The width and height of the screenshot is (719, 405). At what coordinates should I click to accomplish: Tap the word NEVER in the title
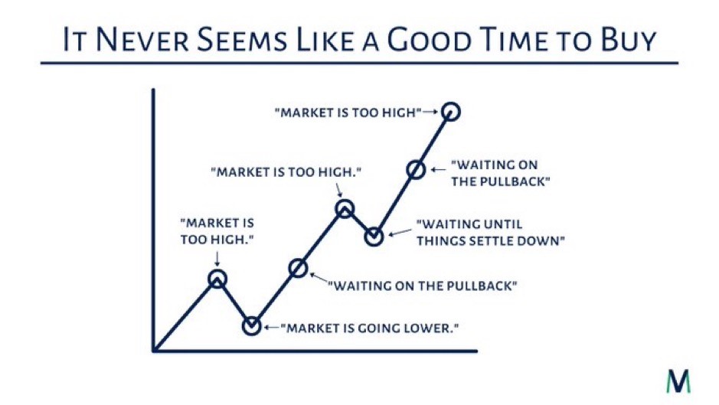(x=142, y=40)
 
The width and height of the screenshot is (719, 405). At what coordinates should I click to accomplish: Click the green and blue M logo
(x=678, y=381)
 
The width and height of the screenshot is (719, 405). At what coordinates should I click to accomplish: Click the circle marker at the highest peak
(x=451, y=103)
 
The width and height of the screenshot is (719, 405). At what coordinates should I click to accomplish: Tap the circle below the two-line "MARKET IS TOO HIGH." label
(x=217, y=270)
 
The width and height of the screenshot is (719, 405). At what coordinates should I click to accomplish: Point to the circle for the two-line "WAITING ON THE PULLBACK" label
(x=417, y=161)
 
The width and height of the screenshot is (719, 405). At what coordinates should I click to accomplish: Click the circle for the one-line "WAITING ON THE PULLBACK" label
(x=298, y=259)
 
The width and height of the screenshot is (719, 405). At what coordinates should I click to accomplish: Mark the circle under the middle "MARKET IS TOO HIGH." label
(x=345, y=200)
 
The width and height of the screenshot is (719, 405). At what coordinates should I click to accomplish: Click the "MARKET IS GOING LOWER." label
(x=370, y=328)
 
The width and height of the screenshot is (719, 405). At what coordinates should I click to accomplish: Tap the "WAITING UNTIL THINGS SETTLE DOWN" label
(x=491, y=233)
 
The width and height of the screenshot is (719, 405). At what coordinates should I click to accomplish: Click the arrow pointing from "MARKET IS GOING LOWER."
(x=271, y=328)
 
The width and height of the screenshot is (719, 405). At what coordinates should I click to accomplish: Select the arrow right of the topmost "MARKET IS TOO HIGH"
(x=430, y=112)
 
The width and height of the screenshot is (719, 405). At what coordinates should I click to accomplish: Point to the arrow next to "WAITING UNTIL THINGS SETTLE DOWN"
(x=400, y=232)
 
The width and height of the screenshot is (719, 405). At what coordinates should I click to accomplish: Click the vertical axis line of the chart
(x=154, y=220)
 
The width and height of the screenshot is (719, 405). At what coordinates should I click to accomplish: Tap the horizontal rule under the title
(x=359, y=63)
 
